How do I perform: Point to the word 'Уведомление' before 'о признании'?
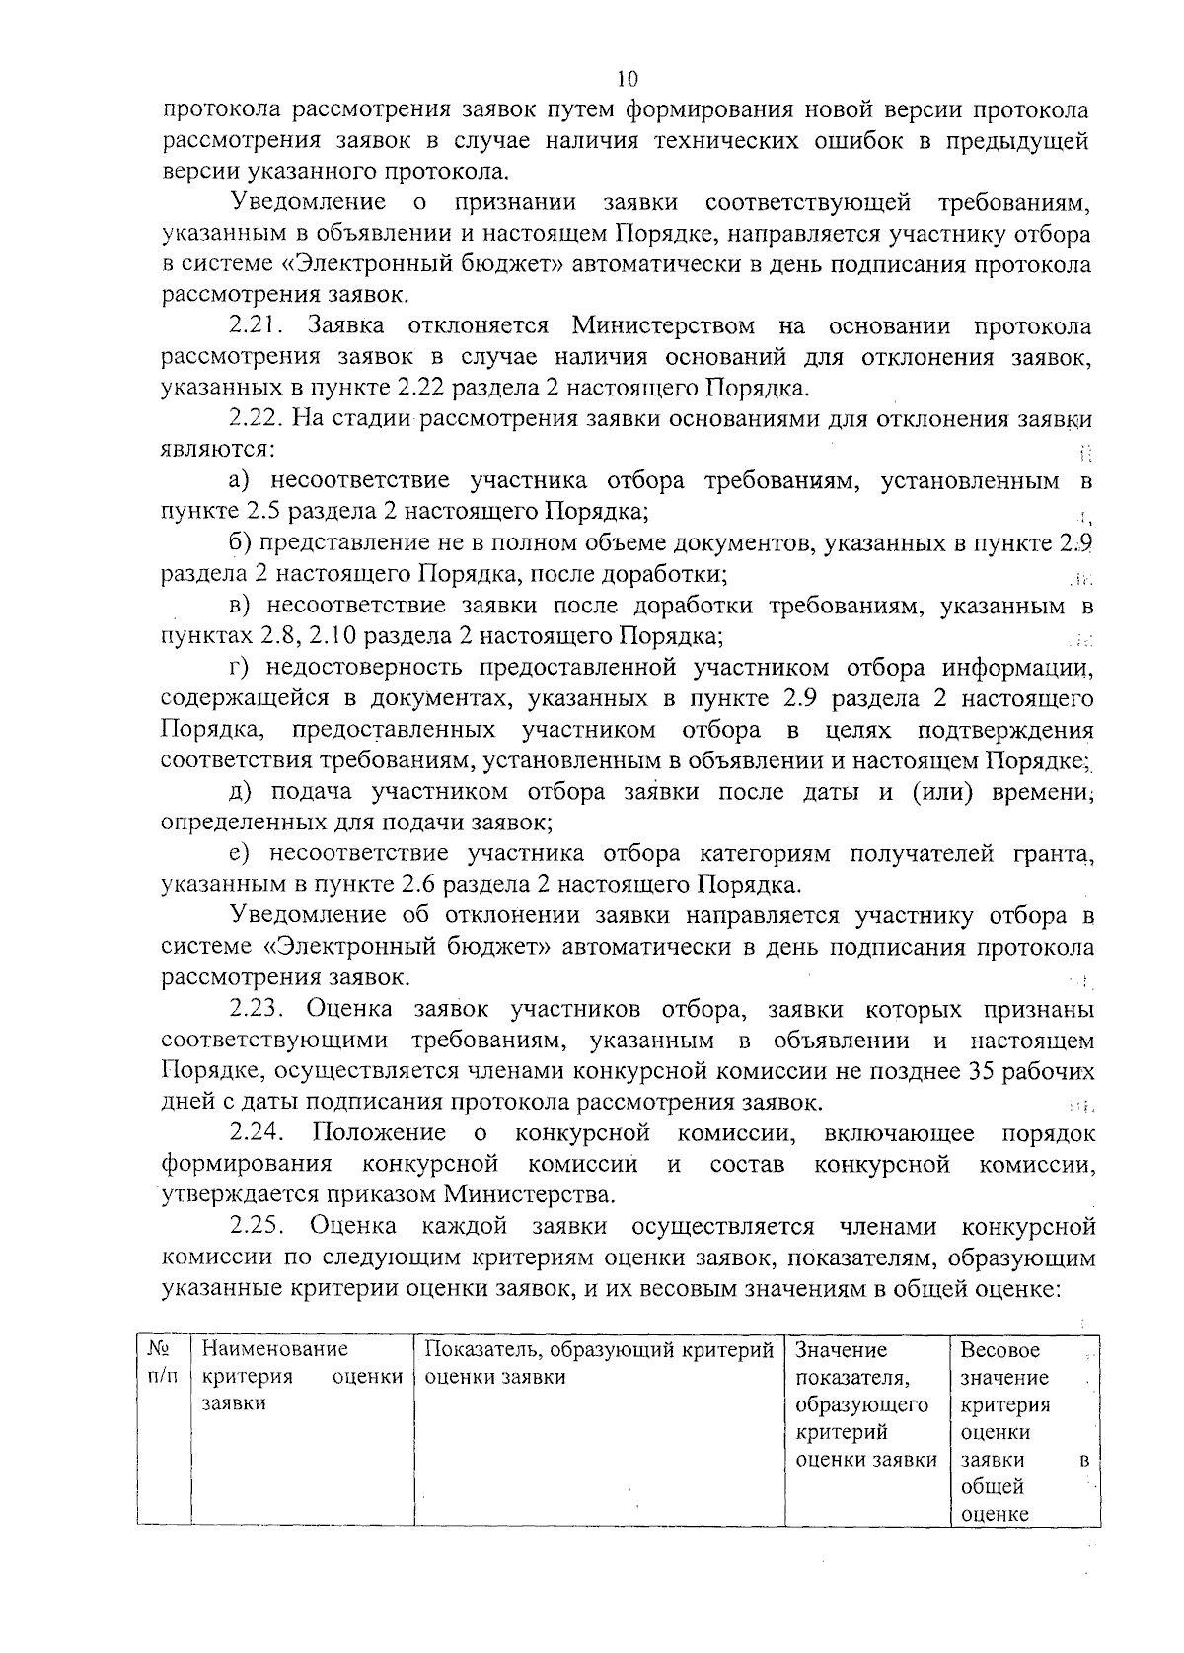pyautogui.click(x=307, y=203)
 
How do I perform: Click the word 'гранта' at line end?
pyautogui.click(x=1059, y=854)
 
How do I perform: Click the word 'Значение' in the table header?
pyautogui.click(x=841, y=1350)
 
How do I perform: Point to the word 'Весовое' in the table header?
pyautogui.click(x=999, y=1350)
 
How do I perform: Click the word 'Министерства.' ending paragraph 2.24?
pyautogui.click(x=528, y=1195)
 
